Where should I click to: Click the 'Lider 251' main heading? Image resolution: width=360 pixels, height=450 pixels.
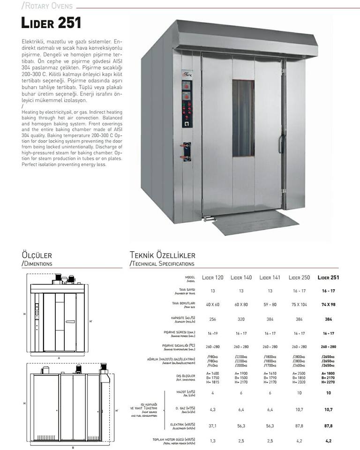51,22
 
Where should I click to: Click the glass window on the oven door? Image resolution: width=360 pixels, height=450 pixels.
243,118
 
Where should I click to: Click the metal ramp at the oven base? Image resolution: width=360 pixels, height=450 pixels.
255,221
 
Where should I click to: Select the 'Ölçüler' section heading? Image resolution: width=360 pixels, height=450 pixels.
37,255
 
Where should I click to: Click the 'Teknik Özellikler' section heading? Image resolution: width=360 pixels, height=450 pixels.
162,255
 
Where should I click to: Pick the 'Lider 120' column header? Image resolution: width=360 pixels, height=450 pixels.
213,277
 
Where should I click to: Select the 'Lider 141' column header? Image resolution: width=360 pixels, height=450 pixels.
270,277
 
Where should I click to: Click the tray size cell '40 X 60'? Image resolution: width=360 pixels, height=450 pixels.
213,304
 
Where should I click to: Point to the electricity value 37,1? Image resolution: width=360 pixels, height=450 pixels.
213,426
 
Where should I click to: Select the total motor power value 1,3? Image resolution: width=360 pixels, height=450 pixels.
213,440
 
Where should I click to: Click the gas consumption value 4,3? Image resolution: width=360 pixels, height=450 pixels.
213,409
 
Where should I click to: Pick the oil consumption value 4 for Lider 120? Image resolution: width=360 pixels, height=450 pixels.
213,393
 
